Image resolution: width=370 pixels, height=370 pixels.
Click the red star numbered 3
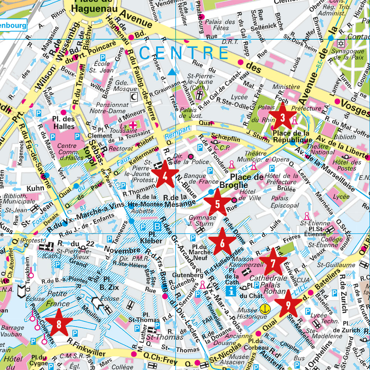click(282, 118)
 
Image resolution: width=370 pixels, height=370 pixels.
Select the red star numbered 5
click(217, 203)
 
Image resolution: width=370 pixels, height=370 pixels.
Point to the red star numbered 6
click(222, 243)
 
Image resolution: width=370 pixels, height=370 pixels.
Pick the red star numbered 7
click(273, 263)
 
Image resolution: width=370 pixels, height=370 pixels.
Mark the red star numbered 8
click(58, 323)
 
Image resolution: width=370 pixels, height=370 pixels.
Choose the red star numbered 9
click(288, 304)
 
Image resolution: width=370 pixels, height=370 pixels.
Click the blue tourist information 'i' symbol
click(232, 290)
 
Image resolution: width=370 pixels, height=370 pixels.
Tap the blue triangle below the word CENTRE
click(172, 72)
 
